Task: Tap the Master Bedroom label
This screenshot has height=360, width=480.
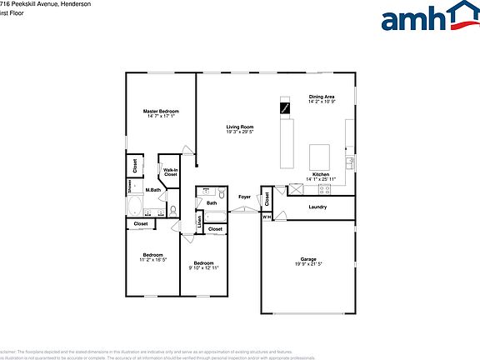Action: point(161,111)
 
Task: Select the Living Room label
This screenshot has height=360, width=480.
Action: point(239,127)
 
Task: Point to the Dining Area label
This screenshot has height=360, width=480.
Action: point(322,97)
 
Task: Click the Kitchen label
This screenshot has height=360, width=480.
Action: point(320,174)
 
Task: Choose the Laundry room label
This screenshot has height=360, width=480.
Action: point(317,207)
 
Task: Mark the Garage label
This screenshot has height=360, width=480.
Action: point(308,259)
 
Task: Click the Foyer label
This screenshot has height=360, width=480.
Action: point(244,197)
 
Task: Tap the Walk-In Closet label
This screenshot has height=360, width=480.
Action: point(170,172)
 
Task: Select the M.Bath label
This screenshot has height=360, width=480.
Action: point(153,190)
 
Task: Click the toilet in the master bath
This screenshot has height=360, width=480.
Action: point(172,211)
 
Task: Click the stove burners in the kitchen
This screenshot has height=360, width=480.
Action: point(295,188)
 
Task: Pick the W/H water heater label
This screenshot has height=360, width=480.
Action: point(267,217)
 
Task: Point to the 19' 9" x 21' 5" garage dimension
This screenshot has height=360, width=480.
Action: point(308,265)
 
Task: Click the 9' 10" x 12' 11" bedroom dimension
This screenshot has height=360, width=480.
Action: point(203,267)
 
